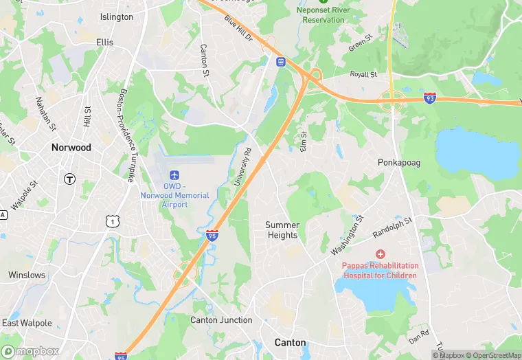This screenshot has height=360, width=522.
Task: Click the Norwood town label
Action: (x=71, y=148)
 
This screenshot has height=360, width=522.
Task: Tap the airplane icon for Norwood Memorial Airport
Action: (x=175, y=175)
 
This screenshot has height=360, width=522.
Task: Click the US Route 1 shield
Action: (x=111, y=221)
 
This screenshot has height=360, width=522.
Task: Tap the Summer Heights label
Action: (x=282, y=230)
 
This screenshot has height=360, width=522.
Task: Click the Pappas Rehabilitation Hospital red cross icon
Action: (x=380, y=255)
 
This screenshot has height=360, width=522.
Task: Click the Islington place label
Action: (x=117, y=17)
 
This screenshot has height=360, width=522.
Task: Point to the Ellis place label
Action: (x=105, y=42)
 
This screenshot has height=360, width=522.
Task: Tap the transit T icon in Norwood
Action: (x=69, y=179)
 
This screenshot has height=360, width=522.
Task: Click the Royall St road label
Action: (x=363, y=74)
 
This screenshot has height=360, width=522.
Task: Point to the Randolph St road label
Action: (x=391, y=227)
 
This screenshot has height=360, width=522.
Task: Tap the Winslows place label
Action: (x=27, y=275)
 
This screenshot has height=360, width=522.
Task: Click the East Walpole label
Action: (x=27, y=323)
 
